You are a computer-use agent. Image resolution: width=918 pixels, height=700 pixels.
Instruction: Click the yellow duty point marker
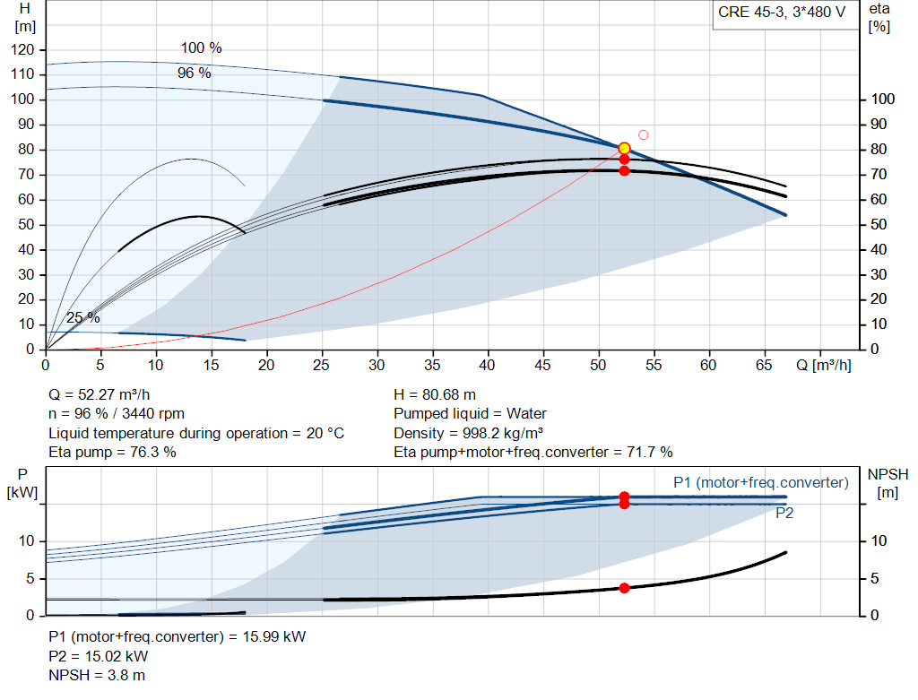coord(624,148)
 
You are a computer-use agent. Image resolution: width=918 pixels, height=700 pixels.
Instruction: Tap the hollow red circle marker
coord(644,135)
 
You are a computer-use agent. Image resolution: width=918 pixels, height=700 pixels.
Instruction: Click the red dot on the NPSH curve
coord(624,588)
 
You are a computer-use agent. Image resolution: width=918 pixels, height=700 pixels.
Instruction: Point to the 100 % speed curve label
coord(202,48)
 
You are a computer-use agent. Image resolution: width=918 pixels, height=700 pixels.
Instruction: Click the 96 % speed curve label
coord(195,73)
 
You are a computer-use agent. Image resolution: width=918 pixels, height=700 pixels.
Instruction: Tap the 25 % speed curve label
coord(83,318)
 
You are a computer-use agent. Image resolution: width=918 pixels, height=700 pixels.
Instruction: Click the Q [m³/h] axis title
coord(824,365)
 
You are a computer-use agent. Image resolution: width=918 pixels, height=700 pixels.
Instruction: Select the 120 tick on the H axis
coord(22,50)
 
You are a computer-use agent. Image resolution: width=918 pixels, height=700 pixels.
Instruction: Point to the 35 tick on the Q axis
coord(432,365)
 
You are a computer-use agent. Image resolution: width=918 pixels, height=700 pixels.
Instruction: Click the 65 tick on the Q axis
coord(764,365)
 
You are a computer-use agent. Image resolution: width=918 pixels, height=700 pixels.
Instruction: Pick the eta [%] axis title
coord(879,18)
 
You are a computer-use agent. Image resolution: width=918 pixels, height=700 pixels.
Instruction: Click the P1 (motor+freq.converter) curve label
coord(761,483)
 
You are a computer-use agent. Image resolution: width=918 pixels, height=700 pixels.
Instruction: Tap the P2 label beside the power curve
coord(784,514)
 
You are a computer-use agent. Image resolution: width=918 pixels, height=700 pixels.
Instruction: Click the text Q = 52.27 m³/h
coord(100,395)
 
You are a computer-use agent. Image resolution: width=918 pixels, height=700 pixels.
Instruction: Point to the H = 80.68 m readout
coord(435,395)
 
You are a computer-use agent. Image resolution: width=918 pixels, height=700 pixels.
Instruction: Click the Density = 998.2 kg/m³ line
coord(468,433)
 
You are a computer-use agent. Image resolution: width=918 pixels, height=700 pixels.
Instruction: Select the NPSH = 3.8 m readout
coord(97,676)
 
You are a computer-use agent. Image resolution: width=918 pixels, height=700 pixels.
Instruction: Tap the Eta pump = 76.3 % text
coord(112,453)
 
